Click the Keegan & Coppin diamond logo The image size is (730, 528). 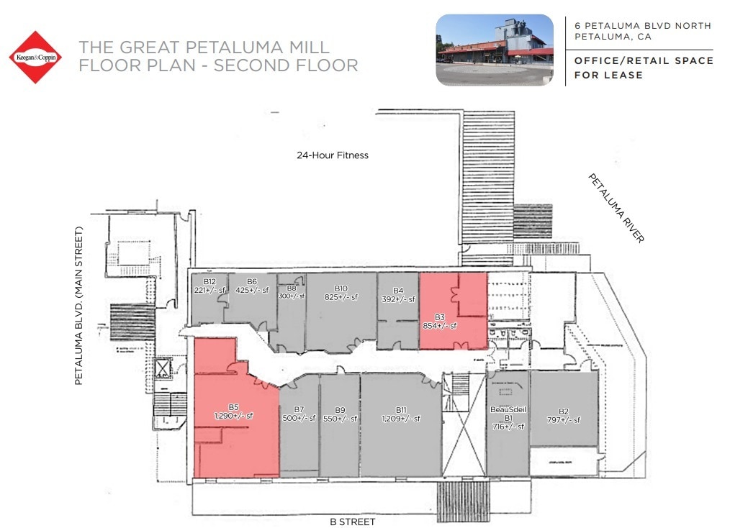coord(34,57)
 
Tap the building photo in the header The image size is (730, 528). coord(495,50)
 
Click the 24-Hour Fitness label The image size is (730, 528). coord(332,155)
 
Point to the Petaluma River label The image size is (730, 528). coord(616,208)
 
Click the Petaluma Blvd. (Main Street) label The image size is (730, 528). coord(80,305)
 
